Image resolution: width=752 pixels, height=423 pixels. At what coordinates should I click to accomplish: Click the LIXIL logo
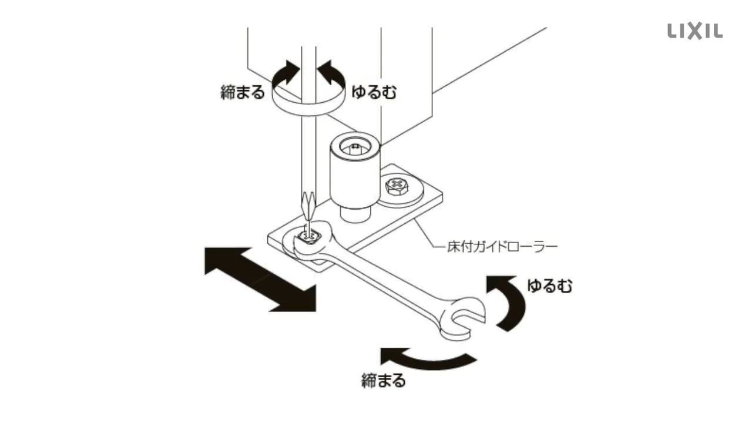click(x=695, y=31)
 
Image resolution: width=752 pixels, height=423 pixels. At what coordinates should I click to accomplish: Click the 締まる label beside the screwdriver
click(x=243, y=92)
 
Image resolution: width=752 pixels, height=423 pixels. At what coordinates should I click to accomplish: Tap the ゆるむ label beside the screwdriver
click(x=374, y=92)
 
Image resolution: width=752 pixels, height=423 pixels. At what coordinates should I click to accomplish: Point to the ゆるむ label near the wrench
click(x=549, y=286)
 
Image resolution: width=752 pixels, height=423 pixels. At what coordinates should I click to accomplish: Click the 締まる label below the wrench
click(x=383, y=381)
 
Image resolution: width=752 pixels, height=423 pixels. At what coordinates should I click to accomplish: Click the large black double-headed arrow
click(x=260, y=278)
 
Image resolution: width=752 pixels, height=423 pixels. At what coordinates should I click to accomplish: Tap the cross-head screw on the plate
click(x=398, y=187)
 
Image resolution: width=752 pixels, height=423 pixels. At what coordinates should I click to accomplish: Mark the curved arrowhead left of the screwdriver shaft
click(x=287, y=72)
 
